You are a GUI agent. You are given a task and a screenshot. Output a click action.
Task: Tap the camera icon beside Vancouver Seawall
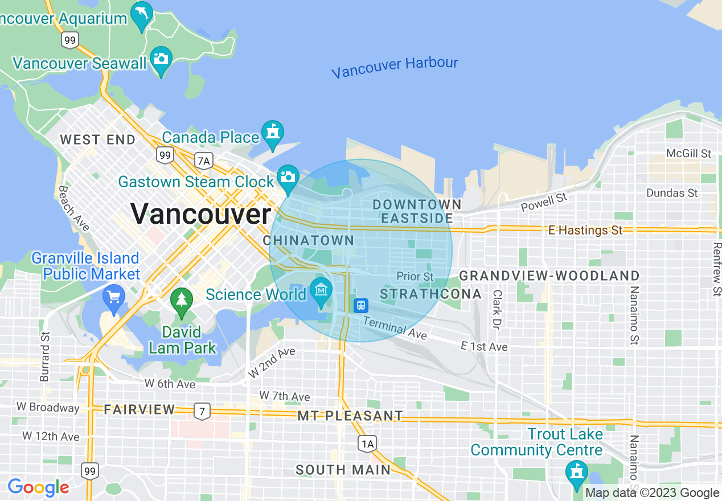point(161,59)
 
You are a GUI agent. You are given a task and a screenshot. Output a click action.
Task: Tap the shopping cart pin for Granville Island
point(114,297)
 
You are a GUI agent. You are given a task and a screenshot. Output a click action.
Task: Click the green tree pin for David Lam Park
point(182,299)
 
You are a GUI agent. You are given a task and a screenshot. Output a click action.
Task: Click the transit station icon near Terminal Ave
point(360,306)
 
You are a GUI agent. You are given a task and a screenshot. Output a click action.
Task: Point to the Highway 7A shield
point(203,161)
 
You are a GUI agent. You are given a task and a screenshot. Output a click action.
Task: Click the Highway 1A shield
point(367,443)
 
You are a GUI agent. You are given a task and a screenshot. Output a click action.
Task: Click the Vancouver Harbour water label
point(395,68)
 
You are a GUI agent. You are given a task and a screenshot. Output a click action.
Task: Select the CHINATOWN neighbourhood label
point(309,240)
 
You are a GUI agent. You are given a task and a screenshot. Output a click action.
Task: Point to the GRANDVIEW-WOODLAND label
point(549,276)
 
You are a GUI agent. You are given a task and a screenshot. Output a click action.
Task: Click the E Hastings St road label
point(585,230)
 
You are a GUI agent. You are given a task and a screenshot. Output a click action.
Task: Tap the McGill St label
point(689,154)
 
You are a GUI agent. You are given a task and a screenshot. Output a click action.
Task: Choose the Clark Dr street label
point(497,310)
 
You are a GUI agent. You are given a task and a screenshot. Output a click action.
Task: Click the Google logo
point(38,487)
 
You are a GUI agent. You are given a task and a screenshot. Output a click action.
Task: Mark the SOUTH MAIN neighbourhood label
point(343,470)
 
